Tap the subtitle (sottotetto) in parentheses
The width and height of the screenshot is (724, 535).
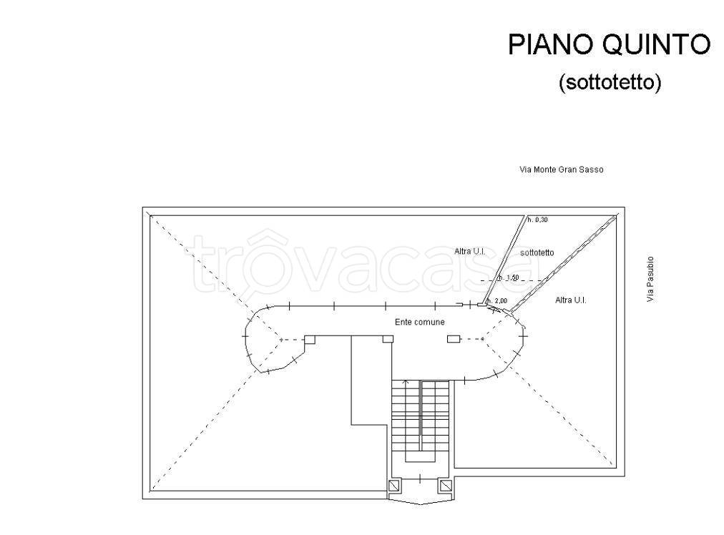click(x=610, y=83)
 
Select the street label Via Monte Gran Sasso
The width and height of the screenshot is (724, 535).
click(x=562, y=170)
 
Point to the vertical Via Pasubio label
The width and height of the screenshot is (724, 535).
click(x=650, y=279)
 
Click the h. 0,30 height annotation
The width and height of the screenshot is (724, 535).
click(x=537, y=220)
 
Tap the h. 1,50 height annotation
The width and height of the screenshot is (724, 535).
click(x=509, y=278)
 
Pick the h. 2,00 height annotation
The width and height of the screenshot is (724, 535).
click(x=496, y=300)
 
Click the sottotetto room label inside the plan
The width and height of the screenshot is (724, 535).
click(x=537, y=252)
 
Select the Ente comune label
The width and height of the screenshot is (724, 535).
click(x=420, y=322)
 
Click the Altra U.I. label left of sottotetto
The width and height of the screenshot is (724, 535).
click(x=469, y=251)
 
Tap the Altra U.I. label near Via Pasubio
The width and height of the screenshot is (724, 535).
click(x=571, y=300)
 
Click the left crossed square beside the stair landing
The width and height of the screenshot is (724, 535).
click(x=395, y=486)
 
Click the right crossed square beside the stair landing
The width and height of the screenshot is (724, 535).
click(x=445, y=486)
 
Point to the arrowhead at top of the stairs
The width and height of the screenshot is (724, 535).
click(x=406, y=382)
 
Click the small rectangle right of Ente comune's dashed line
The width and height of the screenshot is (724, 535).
click(x=454, y=339)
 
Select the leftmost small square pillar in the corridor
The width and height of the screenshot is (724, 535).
click(x=310, y=340)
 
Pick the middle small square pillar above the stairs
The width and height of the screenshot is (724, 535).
click(x=388, y=339)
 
